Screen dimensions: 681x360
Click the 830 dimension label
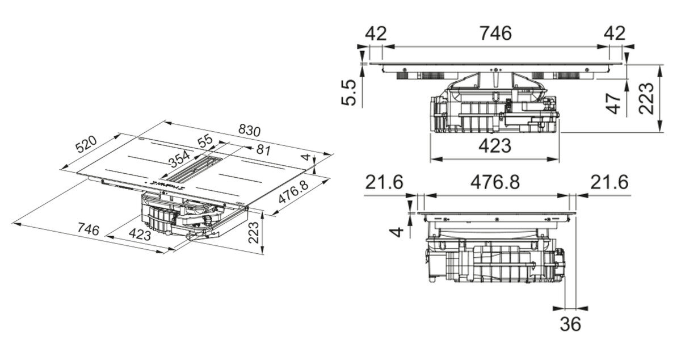click(x=249, y=130)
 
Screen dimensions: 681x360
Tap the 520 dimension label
click(x=86, y=144)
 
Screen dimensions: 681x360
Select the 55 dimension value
click(x=205, y=141)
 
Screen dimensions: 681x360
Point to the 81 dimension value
click(x=263, y=150)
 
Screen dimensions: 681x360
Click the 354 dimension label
click(x=180, y=158)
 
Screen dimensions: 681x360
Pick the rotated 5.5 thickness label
click(x=348, y=93)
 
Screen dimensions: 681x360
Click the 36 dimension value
click(x=570, y=324)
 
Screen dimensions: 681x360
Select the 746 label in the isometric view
click(x=88, y=229)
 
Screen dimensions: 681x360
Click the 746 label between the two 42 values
click(x=495, y=33)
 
